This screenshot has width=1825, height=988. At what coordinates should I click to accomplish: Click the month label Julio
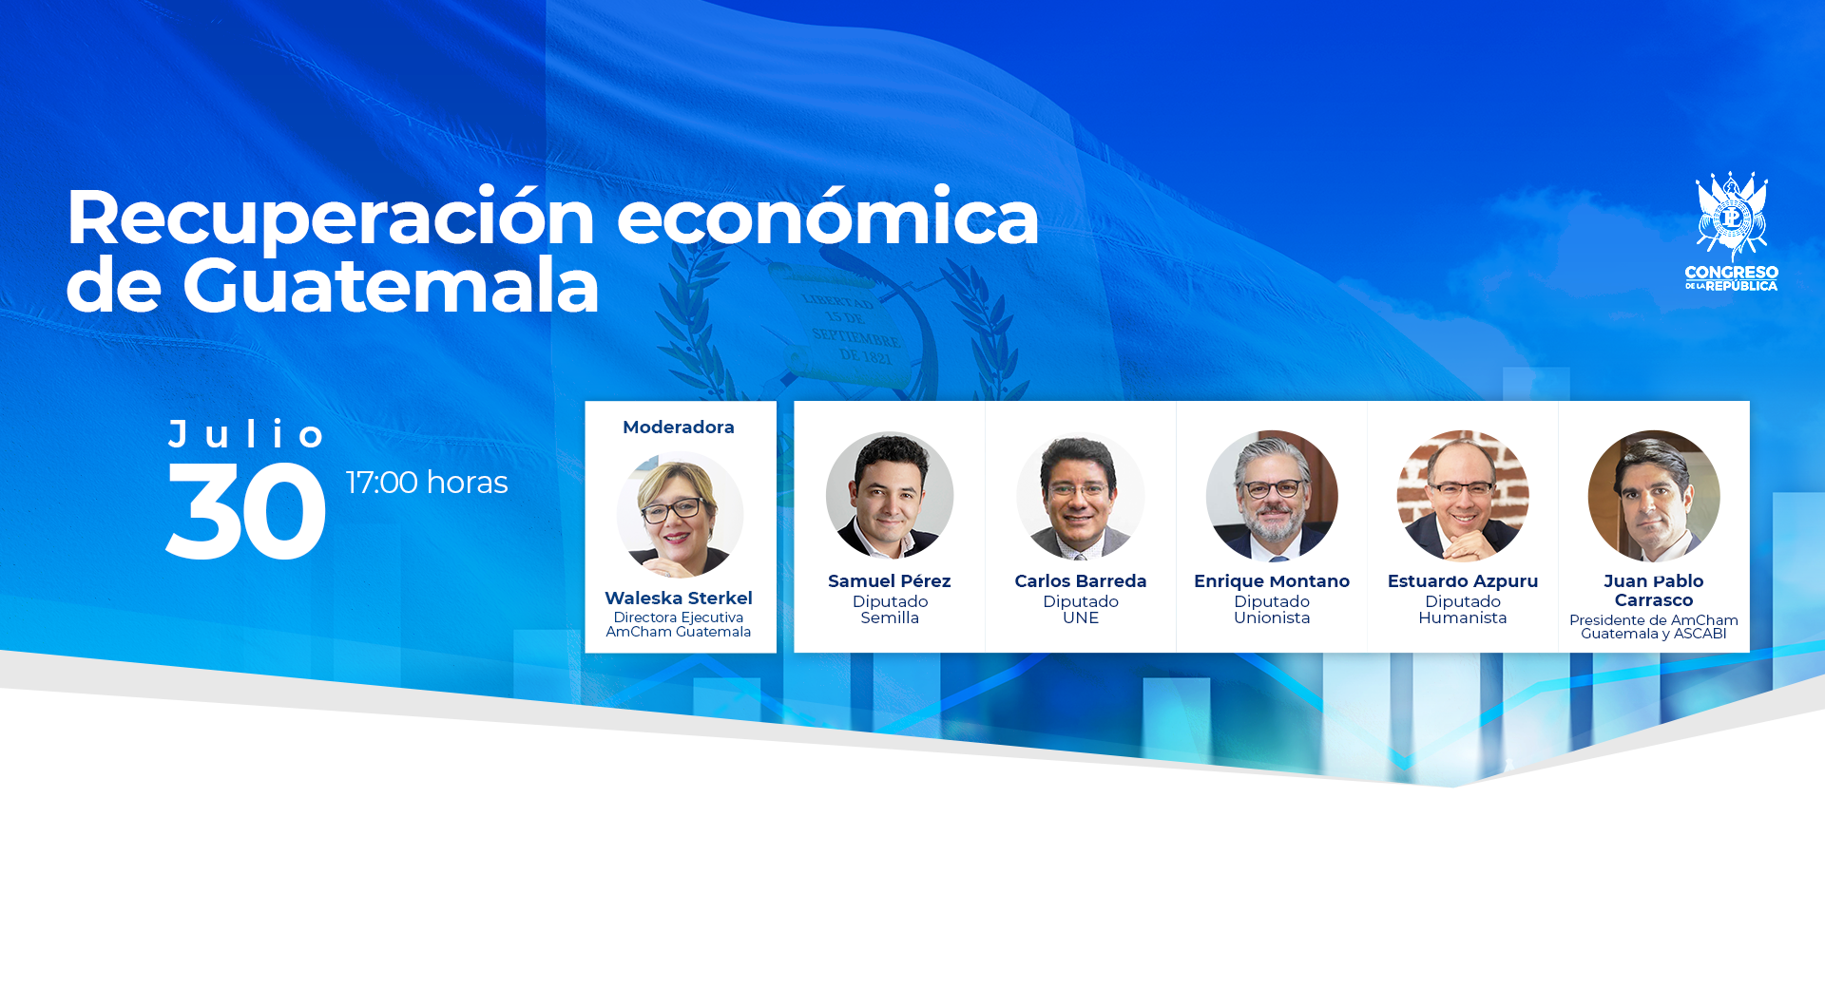point(246,433)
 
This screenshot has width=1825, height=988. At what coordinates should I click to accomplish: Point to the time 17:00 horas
point(427,483)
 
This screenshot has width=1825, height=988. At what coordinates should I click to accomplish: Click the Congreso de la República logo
point(1731,231)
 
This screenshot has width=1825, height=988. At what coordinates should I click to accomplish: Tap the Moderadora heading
point(679,427)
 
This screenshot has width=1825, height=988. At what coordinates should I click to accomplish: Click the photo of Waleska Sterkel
point(680,514)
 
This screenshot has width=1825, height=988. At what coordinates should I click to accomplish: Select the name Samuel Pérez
point(890,580)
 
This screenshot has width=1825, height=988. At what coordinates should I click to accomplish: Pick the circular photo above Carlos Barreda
point(1081,495)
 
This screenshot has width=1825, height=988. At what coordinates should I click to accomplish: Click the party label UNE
point(1081,617)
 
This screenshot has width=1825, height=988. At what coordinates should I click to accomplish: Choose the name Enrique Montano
point(1272,580)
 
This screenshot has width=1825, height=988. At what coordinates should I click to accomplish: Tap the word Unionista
point(1272,617)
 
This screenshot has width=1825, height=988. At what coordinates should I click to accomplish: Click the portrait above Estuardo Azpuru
point(1463,495)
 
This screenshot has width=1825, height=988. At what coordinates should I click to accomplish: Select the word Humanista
point(1463,617)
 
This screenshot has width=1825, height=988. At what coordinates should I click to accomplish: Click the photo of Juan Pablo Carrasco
point(1654,495)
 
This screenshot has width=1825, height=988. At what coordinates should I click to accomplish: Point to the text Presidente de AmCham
point(1654,620)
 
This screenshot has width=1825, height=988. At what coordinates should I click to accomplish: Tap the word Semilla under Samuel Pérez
point(890,617)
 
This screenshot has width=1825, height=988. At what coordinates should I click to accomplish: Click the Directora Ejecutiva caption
point(679,617)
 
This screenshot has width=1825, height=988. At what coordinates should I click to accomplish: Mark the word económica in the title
point(828,218)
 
